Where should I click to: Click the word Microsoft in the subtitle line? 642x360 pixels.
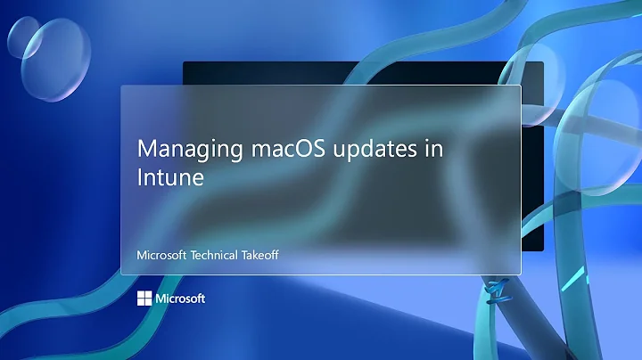click(x=161, y=254)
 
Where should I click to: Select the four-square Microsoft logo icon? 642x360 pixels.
click(x=144, y=299)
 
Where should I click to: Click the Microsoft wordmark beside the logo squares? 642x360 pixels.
click(x=180, y=299)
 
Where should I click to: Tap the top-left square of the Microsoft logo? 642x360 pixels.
click(x=140, y=295)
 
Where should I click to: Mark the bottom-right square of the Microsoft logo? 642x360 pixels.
click(x=147, y=302)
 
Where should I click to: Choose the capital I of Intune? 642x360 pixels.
click(x=139, y=176)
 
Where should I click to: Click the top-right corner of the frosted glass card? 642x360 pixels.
click(x=519, y=86)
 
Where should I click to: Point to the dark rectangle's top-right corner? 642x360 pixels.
click(x=542, y=62)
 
